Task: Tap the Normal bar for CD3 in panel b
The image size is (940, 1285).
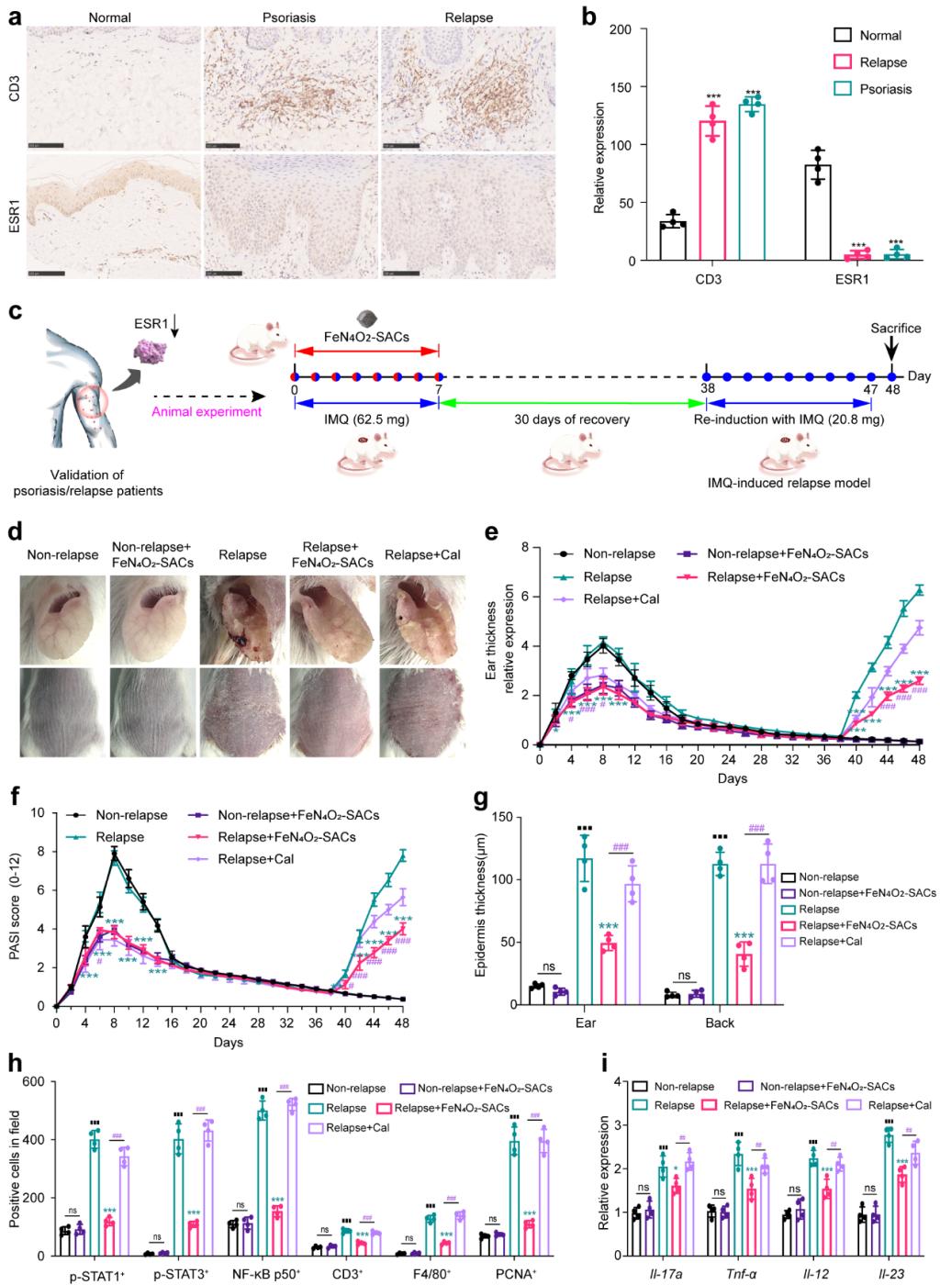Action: (673, 241)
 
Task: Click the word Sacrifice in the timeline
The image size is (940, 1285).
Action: (895, 328)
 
